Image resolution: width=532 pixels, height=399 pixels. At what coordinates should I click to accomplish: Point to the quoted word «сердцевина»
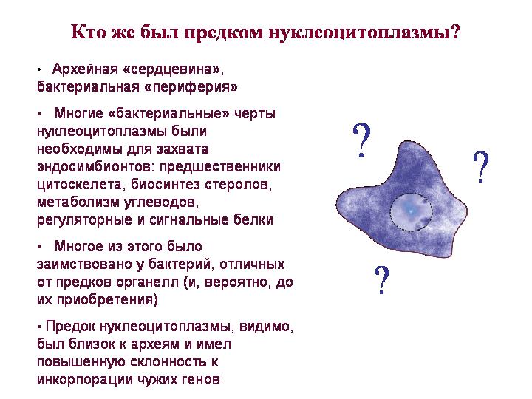[171, 69]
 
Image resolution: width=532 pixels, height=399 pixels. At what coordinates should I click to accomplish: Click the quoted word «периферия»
[191, 87]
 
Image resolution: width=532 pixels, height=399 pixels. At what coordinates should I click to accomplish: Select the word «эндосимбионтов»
[95, 167]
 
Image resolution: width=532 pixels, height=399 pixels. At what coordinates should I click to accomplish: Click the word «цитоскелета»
[79, 185]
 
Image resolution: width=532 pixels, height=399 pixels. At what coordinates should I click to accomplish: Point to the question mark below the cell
[382, 279]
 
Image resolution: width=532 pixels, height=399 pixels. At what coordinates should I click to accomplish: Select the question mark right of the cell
[481, 167]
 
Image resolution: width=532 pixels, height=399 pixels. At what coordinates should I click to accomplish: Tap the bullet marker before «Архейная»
[39, 70]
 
